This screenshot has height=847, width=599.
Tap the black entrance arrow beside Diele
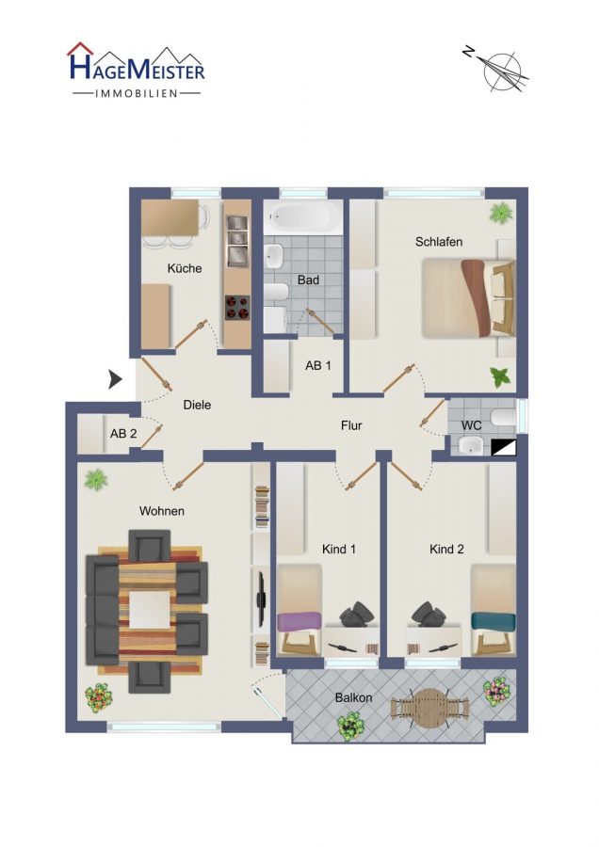(x=115, y=379)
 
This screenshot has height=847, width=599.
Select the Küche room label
(x=185, y=268)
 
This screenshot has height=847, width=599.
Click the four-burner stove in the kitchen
(x=238, y=308)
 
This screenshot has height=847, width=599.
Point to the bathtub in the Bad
(x=302, y=217)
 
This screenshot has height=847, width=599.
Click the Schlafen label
(x=439, y=242)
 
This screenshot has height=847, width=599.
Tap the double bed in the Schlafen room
(x=468, y=298)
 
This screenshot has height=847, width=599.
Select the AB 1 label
(x=318, y=366)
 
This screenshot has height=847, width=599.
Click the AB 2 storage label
(x=123, y=433)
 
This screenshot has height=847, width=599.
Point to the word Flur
(x=351, y=425)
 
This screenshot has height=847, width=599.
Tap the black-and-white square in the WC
(x=504, y=448)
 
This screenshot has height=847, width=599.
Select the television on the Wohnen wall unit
(x=260, y=597)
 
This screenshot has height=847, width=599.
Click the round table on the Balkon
(x=429, y=708)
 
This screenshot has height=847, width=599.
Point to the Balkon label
(x=353, y=698)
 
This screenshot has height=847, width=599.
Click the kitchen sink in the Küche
(x=237, y=240)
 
